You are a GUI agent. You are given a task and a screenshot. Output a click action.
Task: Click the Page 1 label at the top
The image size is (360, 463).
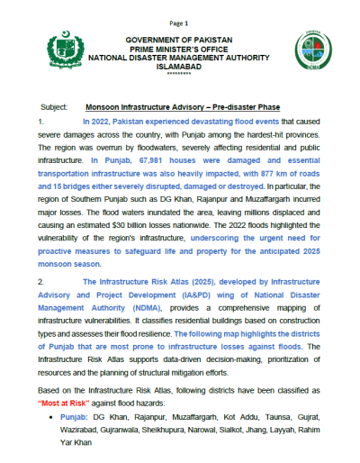tap(179, 22)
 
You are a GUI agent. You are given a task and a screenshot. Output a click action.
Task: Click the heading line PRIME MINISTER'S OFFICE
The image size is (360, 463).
tap(178, 49)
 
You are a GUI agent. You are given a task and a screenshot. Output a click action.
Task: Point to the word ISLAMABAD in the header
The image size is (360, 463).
tap(178, 65)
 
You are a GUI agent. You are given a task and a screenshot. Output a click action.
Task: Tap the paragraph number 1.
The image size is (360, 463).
tap(41, 120)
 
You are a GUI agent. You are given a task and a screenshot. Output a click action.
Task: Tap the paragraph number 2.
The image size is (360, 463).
tap(41, 282)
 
